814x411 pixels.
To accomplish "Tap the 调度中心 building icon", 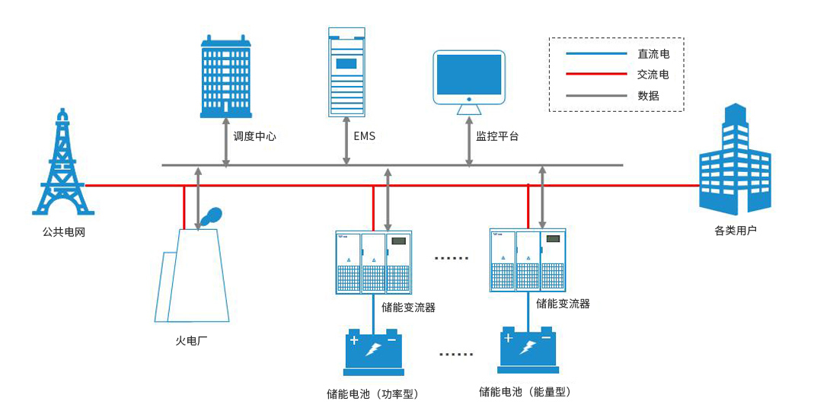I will [x=225, y=76].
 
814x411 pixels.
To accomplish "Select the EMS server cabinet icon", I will [x=346, y=72].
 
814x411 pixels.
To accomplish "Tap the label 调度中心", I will [x=254, y=137].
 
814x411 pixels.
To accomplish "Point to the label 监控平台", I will [x=497, y=137].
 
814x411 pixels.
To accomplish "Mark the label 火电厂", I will [x=191, y=340].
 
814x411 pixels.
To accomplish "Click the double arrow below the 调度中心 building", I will [x=225, y=142].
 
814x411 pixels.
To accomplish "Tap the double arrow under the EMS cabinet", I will [x=346, y=142].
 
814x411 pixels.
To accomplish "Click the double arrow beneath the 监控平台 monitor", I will [x=469, y=142].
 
